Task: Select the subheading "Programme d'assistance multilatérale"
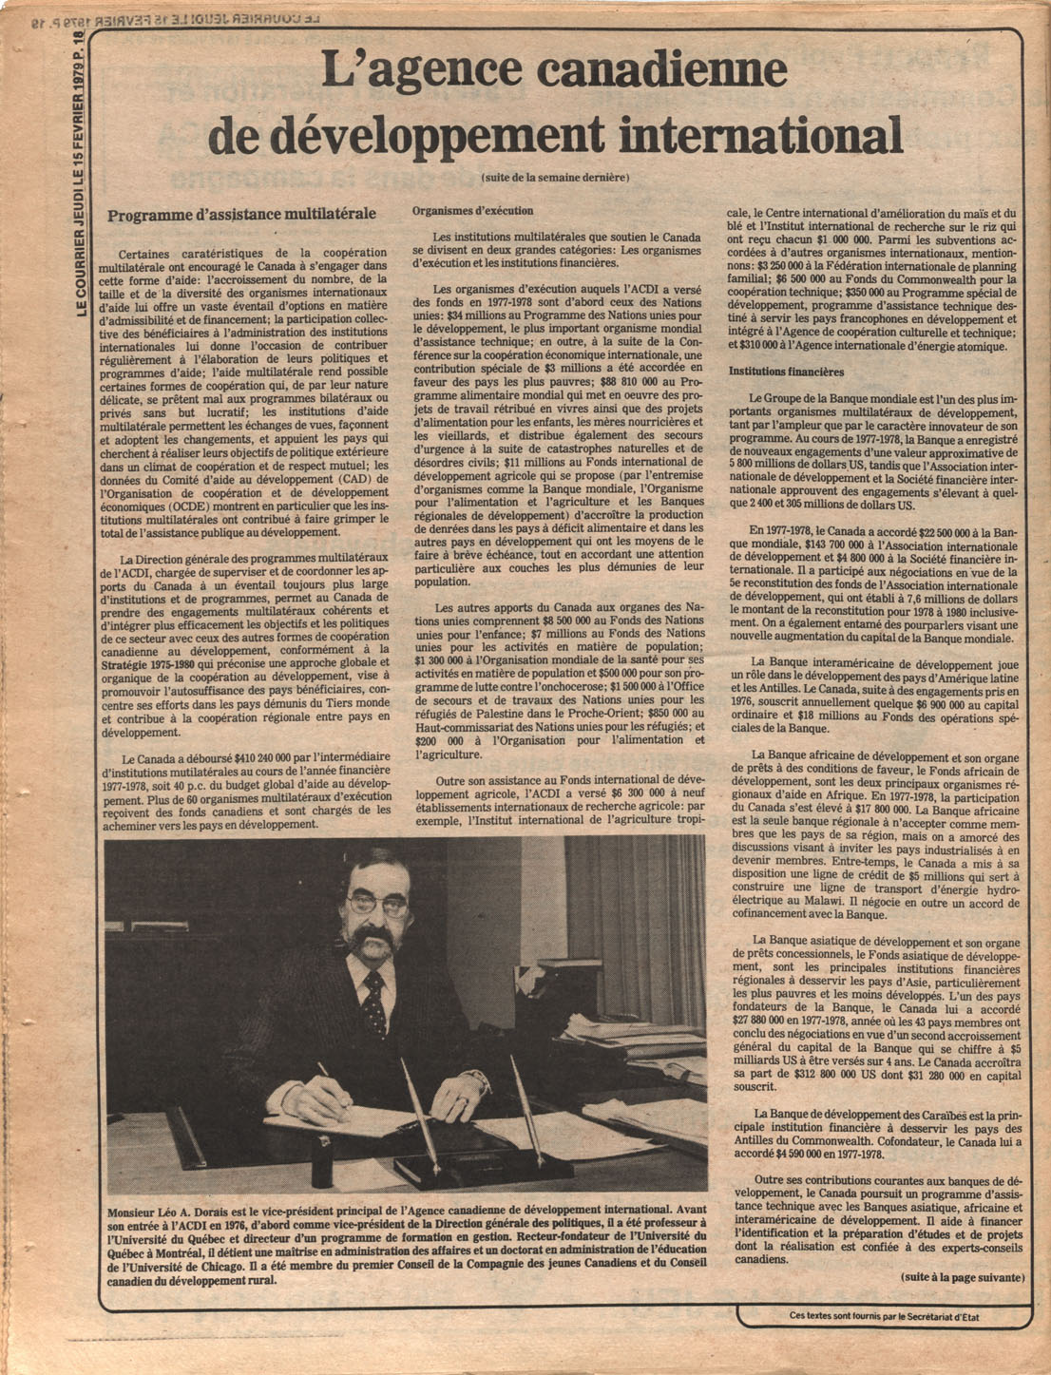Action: coord(241,216)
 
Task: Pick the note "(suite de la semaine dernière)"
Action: coord(555,176)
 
